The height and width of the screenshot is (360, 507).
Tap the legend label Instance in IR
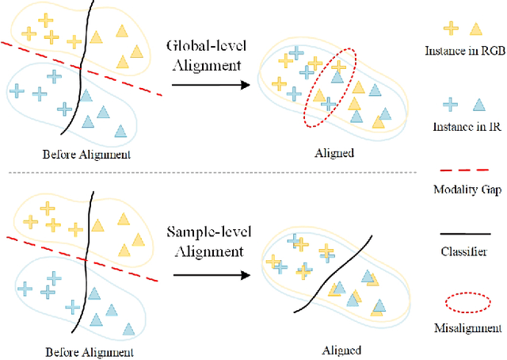click(464, 127)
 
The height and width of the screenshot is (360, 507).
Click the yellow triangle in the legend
click(476, 28)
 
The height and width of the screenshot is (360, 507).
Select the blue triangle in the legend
click(477, 104)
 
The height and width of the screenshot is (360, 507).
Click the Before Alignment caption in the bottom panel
click(89, 351)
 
